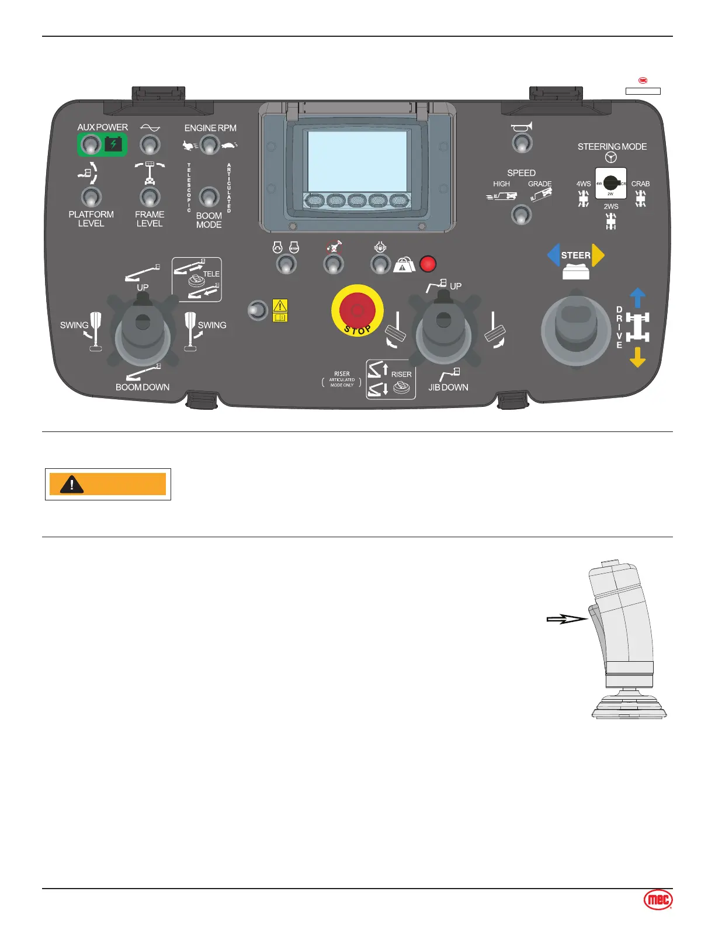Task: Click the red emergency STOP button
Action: point(357,310)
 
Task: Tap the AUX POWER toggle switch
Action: point(90,144)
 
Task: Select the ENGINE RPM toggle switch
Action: point(210,144)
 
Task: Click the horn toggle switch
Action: point(522,143)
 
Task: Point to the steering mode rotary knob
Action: point(611,182)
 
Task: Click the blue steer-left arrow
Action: point(553,255)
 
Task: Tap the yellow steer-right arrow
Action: point(598,255)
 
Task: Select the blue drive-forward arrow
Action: point(637,297)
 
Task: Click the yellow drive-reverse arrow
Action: point(637,357)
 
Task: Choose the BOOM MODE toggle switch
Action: point(209,196)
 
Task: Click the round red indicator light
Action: point(428,264)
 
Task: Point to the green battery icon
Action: point(113,144)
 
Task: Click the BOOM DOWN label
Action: point(143,387)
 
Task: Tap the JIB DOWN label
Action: point(448,387)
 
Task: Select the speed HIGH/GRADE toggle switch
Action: point(521,215)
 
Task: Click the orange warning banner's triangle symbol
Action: point(72,484)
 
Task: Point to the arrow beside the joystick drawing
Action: point(566,619)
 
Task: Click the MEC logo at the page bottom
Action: point(658,900)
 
